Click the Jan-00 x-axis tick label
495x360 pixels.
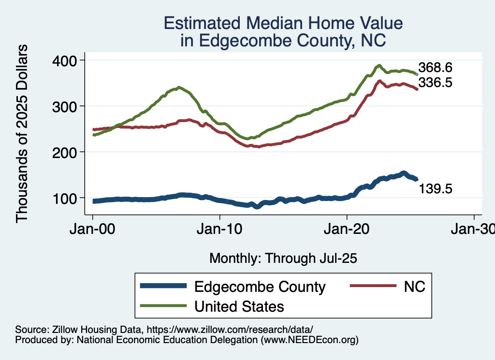click(x=93, y=230)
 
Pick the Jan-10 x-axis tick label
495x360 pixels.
click(x=220, y=230)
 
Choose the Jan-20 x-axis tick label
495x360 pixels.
click(x=347, y=230)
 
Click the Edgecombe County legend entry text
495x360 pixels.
click(x=260, y=287)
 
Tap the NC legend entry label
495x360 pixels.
click(x=414, y=287)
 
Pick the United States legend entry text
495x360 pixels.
click(x=239, y=306)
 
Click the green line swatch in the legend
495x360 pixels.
click(x=163, y=306)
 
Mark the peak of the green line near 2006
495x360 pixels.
click(x=179, y=87)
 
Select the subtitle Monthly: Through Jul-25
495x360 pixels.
click(x=283, y=259)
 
